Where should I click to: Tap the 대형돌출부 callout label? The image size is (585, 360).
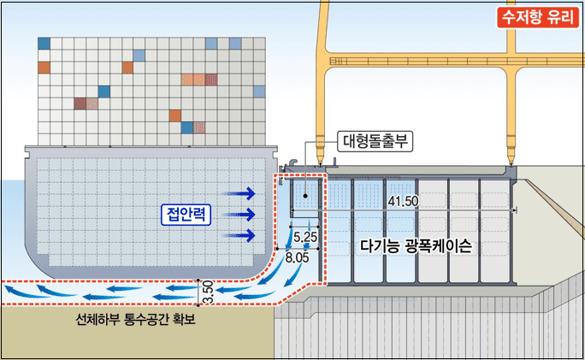click(x=376, y=141)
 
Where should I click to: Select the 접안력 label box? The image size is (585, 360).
click(x=186, y=214)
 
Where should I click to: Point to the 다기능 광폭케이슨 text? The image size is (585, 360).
click(x=417, y=245)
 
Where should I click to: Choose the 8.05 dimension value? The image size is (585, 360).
click(x=298, y=257)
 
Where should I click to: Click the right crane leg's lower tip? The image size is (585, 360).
click(x=511, y=156)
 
